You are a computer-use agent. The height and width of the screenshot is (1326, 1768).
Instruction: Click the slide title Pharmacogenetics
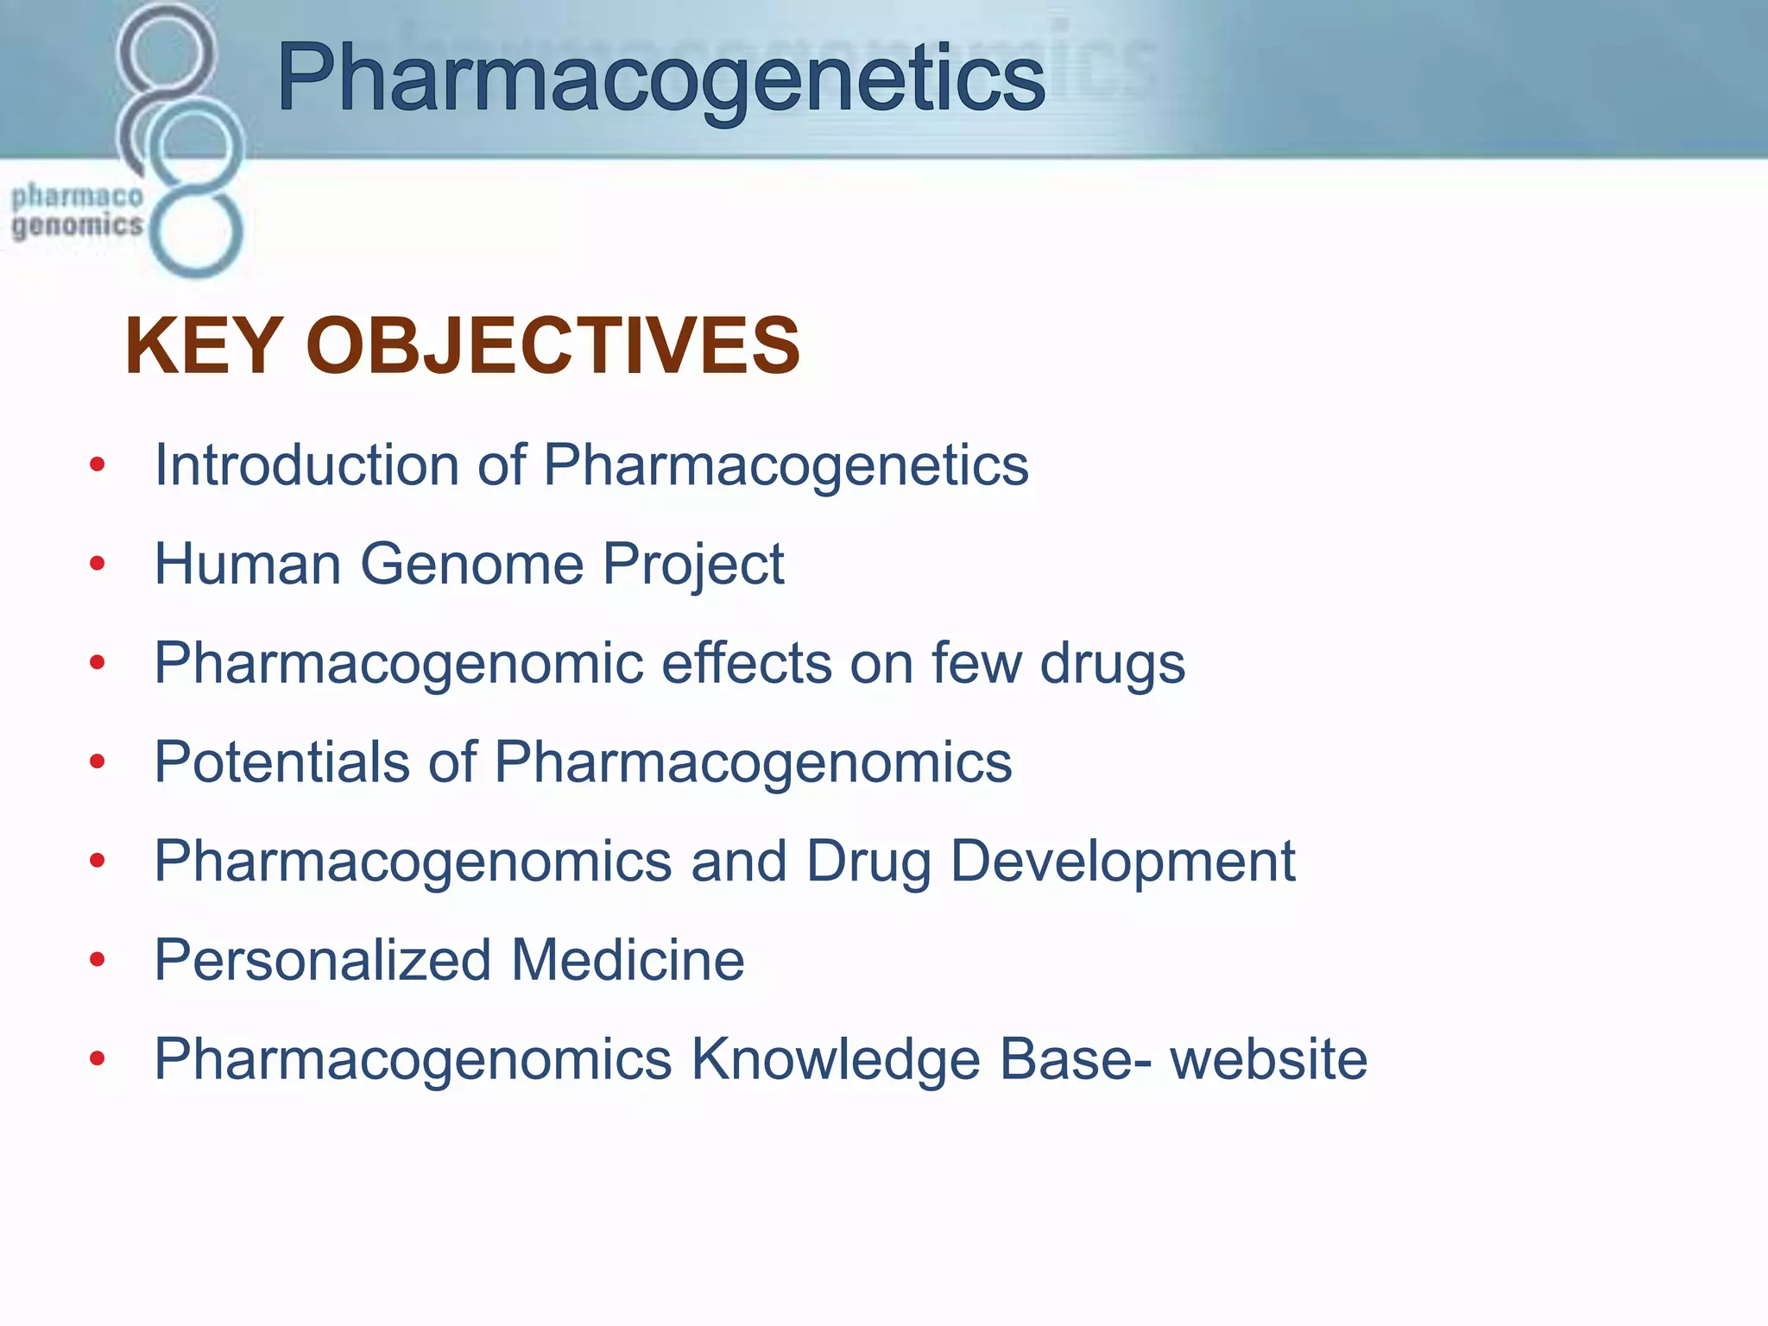pyautogui.click(x=660, y=79)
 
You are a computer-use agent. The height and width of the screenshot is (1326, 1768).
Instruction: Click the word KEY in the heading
pyautogui.click(x=203, y=346)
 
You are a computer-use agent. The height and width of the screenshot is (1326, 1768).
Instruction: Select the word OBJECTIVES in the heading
pyautogui.click(x=552, y=346)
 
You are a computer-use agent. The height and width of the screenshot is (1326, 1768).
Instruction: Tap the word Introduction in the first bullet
pyautogui.click(x=306, y=465)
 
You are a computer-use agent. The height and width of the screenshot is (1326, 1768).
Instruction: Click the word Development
pyautogui.click(x=1122, y=862)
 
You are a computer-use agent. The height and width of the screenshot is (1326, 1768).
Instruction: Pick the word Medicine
pyautogui.click(x=628, y=960)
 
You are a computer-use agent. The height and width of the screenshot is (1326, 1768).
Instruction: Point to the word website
pyautogui.click(x=1268, y=1059)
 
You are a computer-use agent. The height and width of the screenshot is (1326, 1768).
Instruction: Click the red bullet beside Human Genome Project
pyautogui.click(x=98, y=565)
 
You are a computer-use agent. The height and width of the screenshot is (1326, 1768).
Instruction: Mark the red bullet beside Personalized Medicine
pyautogui.click(x=98, y=960)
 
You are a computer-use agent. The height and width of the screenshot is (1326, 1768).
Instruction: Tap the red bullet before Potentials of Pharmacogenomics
pyautogui.click(x=98, y=762)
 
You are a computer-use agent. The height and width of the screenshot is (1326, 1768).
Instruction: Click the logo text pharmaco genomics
pyautogui.click(x=77, y=212)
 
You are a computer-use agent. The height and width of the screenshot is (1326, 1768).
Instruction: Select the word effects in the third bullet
pyautogui.click(x=746, y=664)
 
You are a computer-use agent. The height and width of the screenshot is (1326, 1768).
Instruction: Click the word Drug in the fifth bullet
pyautogui.click(x=868, y=862)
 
